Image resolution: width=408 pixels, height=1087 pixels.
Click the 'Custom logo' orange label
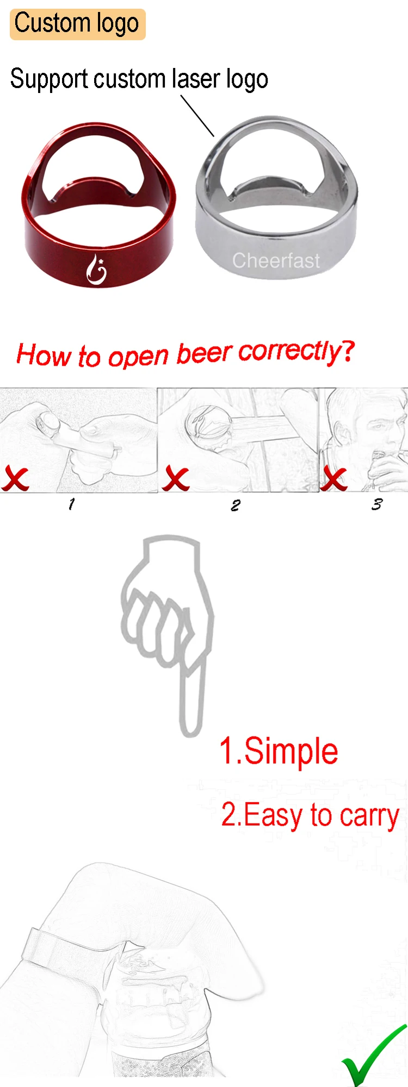pyautogui.click(x=77, y=24)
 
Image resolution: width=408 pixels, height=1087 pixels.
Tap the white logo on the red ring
pyautogui.click(x=97, y=269)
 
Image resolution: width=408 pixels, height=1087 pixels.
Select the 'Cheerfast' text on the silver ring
pyautogui.click(x=276, y=261)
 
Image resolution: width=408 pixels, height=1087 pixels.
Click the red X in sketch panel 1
pyautogui.click(x=15, y=479)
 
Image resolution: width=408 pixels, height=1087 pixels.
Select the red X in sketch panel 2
pyautogui.click(x=176, y=479)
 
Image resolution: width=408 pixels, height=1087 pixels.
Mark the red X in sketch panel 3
pyautogui.click(x=333, y=478)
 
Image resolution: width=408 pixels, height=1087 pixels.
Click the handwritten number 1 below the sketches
pyautogui.click(x=71, y=504)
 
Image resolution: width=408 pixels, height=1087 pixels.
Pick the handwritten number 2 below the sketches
pyautogui.click(x=235, y=505)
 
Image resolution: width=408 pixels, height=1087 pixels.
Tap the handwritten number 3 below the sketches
pyautogui.click(x=376, y=504)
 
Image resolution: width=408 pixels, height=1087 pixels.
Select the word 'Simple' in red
pyautogui.click(x=291, y=752)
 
